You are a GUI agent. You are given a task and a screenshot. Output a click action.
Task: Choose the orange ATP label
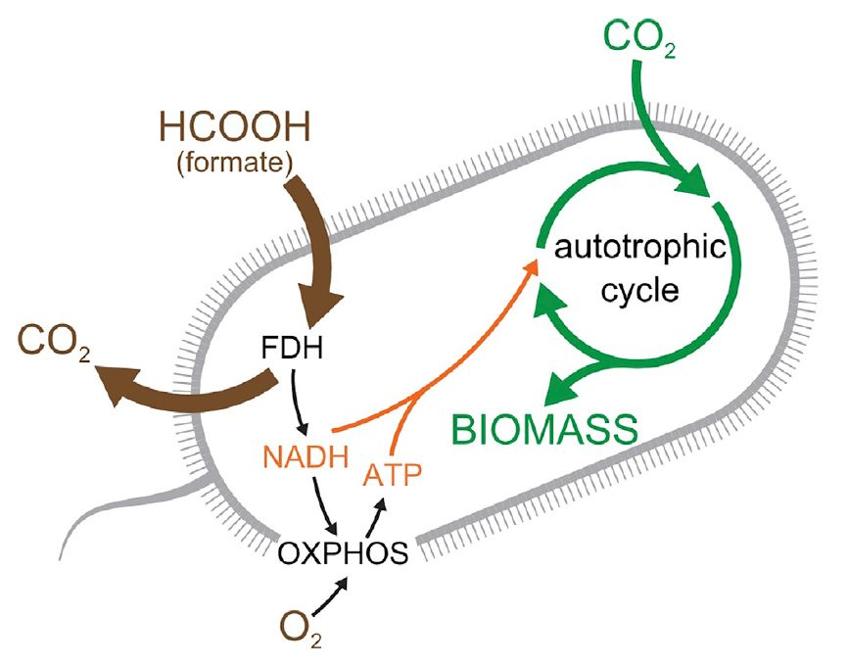(x=392, y=477)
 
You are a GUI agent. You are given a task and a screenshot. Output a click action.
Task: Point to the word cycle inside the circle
(x=640, y=290)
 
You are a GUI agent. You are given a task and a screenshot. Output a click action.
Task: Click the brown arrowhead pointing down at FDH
(x=310, y=310)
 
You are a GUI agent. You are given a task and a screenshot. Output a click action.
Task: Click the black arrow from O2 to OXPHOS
(x=333, y=597)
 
